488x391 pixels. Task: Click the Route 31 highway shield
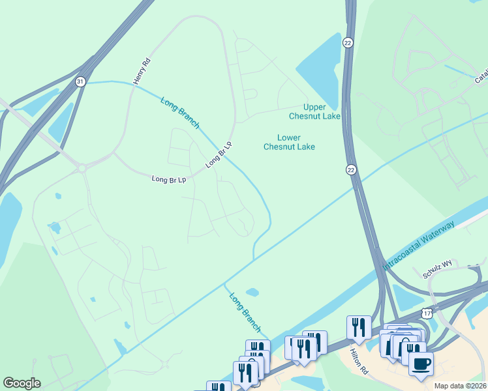tap(80, 81)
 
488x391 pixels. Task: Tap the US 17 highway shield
tap(427, 313)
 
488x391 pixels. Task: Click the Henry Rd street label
tap(142, 71)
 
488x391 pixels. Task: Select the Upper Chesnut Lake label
tap(314, 111)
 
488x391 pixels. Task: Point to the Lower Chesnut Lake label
tap(289, 142)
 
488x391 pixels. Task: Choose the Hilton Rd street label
tap(359, 360)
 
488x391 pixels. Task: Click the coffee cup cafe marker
tap(421, 362)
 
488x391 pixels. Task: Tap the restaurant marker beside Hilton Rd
tap(359, 327)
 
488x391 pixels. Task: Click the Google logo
tap(22, 383)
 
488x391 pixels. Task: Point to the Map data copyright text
tap(460, 386)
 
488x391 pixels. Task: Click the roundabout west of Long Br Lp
tap(82, 168)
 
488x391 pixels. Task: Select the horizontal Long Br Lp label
tap(169, 179)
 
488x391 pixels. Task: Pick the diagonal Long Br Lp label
tap(219, 154)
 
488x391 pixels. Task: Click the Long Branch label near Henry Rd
tap(179, 112)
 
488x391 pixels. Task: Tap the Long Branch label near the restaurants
tap(245, 311)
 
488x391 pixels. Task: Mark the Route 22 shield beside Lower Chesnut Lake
tap(351, 169)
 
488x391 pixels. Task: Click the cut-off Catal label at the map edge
tap(481, 77)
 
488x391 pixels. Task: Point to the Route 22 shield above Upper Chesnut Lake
tap(348, 42)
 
